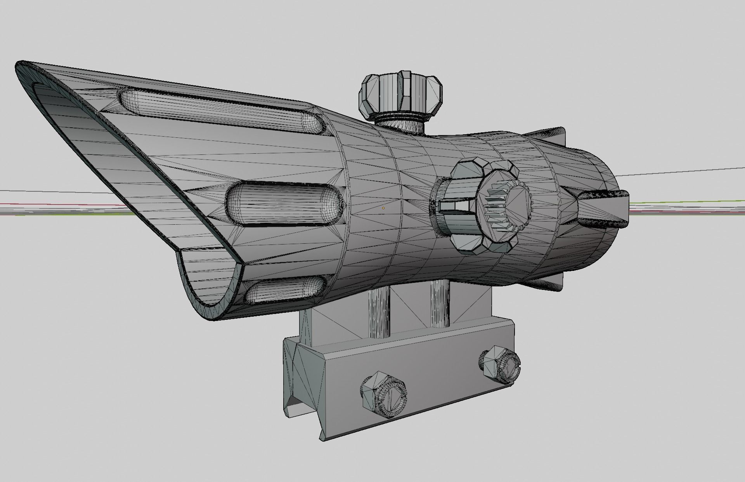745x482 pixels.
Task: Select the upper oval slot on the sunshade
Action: coord(221,113)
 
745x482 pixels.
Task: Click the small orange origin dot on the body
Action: coord(383,208)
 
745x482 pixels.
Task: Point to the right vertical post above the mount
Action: coord(440,305)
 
